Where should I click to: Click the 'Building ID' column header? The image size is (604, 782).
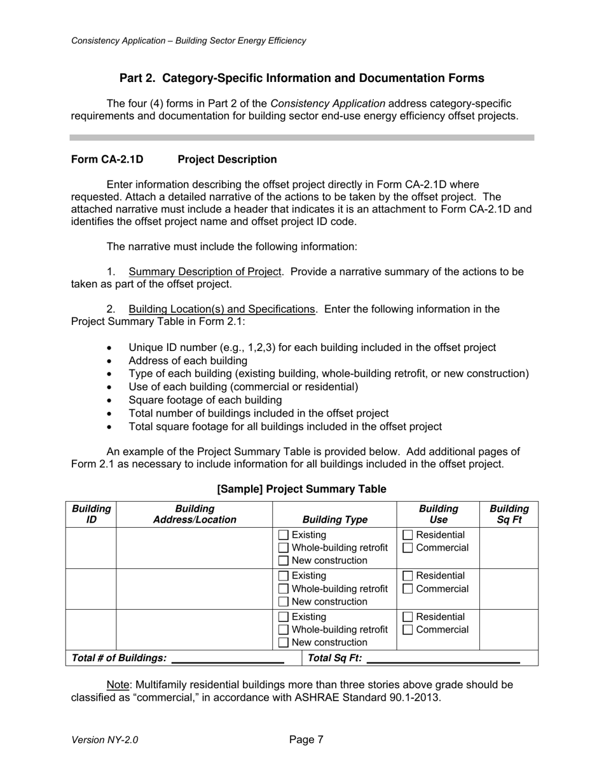pyautogui.click(x=91, y=514)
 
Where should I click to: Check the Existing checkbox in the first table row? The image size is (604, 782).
pyautogui.click(x=284, y=535)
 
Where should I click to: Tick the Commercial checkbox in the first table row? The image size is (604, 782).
pyautogui.click(x=408, y=548)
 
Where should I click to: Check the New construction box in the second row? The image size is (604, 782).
pyautogui.click(x=284, y=601)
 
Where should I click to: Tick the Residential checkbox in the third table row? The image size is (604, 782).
pyautogui.click(x=408, y=617)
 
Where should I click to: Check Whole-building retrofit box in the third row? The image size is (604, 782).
pyautogui.click(x=284, y=629)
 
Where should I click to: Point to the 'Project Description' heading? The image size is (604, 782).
pyautogui.click(x=227, y=160)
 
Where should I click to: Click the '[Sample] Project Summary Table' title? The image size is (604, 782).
pyautogui.click(x=301, y=489)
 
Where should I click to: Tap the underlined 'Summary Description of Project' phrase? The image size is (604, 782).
pyautogui.click(x=205, y=271)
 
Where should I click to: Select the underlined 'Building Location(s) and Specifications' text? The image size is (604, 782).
pyautogui.click(x=221, y=309)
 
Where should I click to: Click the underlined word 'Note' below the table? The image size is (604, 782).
pyautogui.click(x=118, y=685)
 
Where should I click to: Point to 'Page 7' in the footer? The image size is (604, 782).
pyautogui.click(x=306, y=739)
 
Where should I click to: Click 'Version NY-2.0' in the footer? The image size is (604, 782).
pyautogui.click(x=104, y=740)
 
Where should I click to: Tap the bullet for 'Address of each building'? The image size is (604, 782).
pyautogui.click(x=110, y=361)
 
